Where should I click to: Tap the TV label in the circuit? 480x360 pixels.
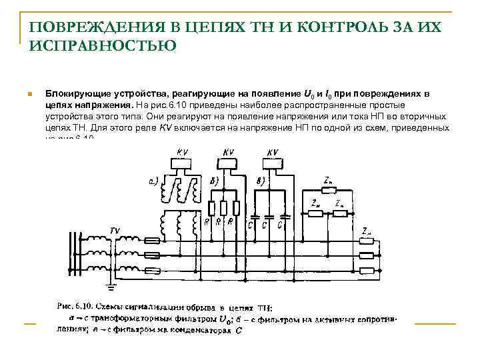click(x=115, y=231)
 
